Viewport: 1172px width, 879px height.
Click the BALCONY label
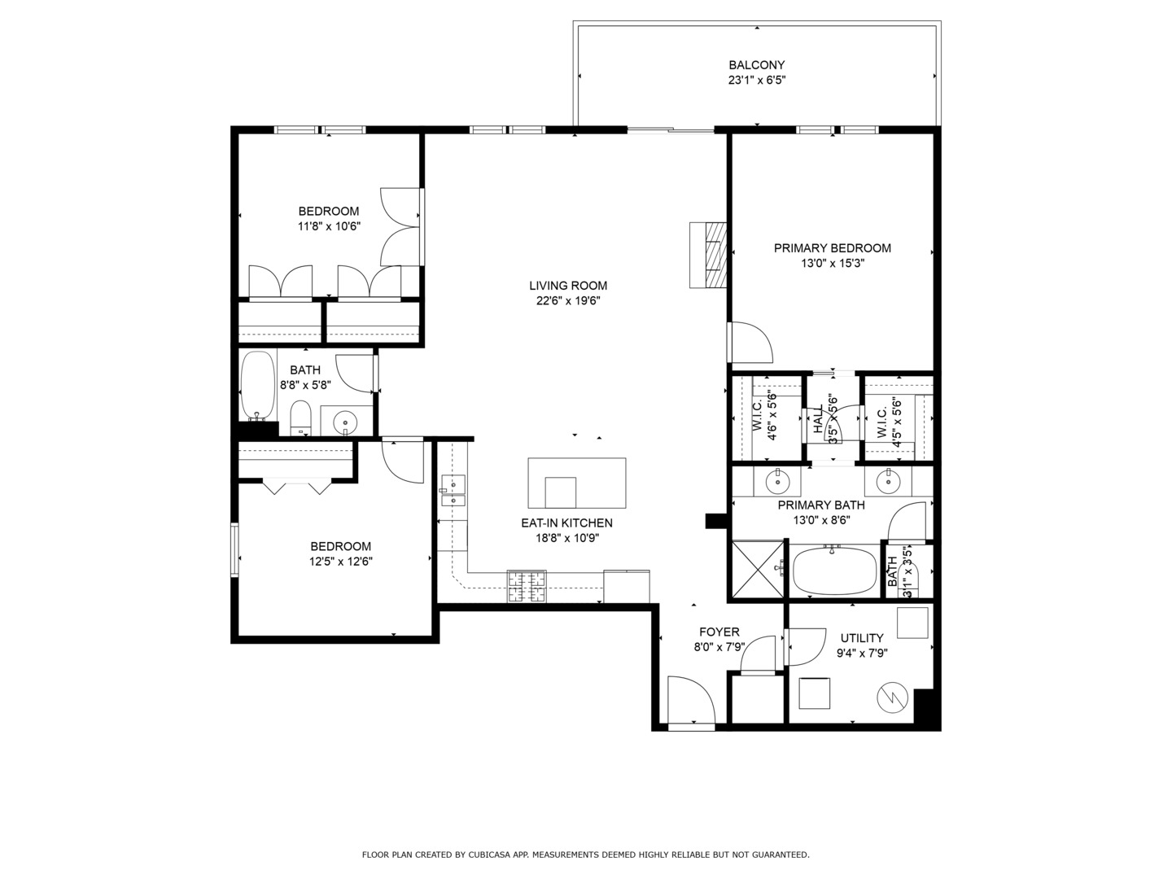(756, 65)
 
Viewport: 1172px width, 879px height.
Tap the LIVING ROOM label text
(568, 286)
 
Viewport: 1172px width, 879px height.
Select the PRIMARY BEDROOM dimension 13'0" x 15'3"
(832, 263)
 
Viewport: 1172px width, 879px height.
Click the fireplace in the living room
(707, 255)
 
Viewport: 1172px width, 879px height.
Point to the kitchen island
(577, 482)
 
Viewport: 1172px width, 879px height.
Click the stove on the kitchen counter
(527, 586)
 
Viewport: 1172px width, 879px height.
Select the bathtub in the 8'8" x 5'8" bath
(259, 384)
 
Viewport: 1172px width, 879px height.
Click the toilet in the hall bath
(301, 417)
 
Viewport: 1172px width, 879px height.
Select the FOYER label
(719, 632)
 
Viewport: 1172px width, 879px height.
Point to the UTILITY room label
(862, 638)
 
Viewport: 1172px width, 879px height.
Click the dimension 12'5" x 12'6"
(341, 561)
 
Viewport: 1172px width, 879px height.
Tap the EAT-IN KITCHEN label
(566, 523)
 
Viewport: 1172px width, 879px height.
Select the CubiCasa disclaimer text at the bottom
(585, 855)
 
